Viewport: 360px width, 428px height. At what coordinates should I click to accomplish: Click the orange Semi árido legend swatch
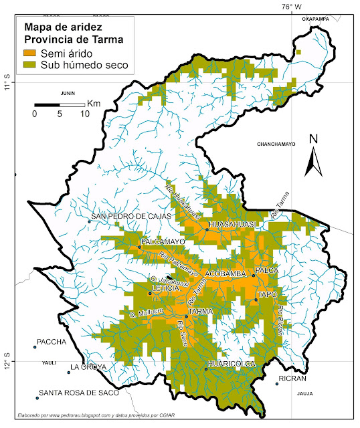31,53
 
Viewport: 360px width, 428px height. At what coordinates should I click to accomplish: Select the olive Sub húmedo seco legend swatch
31,65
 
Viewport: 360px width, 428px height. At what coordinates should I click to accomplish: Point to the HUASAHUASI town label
232,224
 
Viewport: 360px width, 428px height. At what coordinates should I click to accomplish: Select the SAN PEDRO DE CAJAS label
132,216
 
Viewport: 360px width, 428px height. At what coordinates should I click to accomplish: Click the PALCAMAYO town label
163,241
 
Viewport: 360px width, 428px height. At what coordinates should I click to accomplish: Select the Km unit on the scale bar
94,104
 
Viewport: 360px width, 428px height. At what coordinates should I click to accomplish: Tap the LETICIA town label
165,288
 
